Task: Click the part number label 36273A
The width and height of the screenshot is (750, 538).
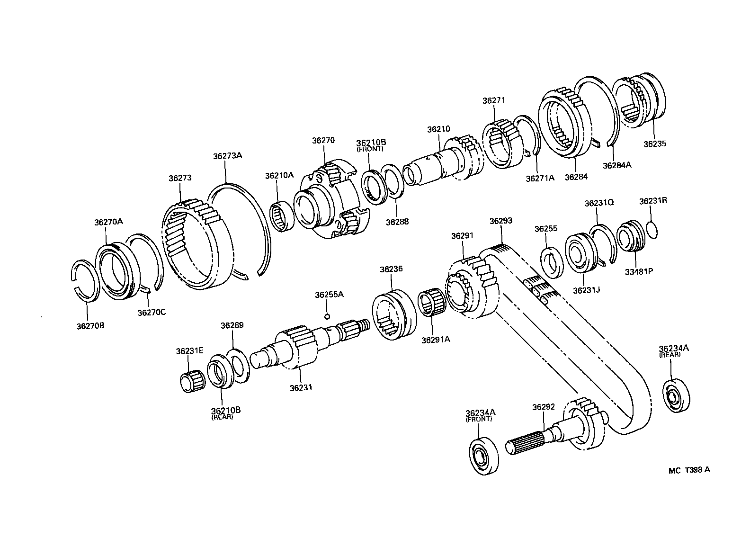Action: click(227, 155)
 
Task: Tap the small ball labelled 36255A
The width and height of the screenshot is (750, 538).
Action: click(327, 316)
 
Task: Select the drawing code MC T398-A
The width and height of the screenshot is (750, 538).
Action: click(689, 470)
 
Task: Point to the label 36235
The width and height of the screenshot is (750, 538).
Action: click(654, 144)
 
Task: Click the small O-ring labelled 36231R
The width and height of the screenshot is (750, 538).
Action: click(652, 230)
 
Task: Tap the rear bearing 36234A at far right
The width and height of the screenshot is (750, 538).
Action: click(676, 395)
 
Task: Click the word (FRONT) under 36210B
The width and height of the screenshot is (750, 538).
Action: click(370, 149)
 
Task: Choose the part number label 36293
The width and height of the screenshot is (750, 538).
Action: click(501, 221)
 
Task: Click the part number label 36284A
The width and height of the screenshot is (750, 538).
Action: click(617, 165)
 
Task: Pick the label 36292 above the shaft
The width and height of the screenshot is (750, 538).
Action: click(543, 407)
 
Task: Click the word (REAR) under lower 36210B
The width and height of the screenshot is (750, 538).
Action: click(222, 417)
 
